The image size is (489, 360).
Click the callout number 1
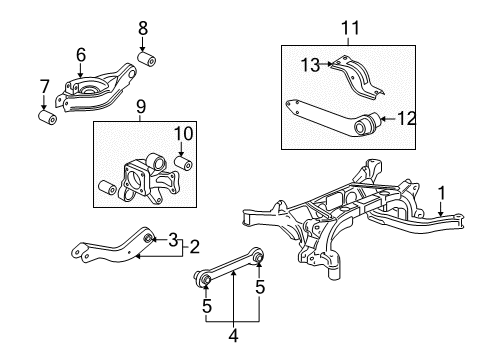click(x=441, y=193)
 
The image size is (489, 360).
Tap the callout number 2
click(x=194, y=247)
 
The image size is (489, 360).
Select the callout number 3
click(x=173, y=240)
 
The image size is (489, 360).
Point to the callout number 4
click(x=234, y=335)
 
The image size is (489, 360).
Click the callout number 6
click(x=81, y=55)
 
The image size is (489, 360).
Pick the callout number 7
click(x=44, y=86)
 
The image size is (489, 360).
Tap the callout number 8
click(x=143, y=28)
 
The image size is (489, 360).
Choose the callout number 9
click(x=141, y=107)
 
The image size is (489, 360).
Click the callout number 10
click(x=184, y=134)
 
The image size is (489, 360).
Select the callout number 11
click(x=351, y=28)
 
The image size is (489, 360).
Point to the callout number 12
click(x=407, y=118)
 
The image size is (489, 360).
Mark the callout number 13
click(x=311, y=65)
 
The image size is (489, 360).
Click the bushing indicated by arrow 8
click(x=147, y=59)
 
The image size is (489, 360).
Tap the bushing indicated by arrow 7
click(x=47, y=116)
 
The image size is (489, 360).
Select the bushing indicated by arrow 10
click(x=184, y=163)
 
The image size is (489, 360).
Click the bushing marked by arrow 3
click(x=148, y=239)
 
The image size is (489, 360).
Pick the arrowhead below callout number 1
click(x=441, y=214)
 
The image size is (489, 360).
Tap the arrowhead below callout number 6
click(x=80, y=75)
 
